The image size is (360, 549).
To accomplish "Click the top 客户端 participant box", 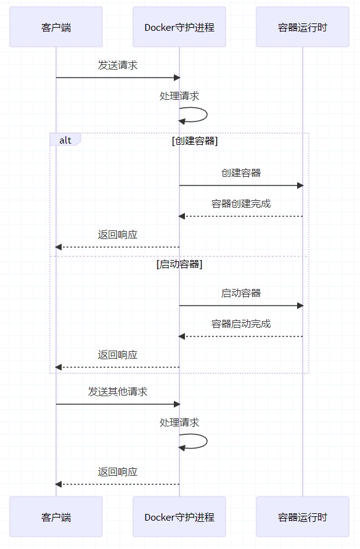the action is click(x=56, y=27).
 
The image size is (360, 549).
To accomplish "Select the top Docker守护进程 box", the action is click(x=179, y=27).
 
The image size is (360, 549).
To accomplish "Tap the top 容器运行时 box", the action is click(x=303, y=27).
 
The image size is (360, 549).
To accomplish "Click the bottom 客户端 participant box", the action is click(x=56, y=516).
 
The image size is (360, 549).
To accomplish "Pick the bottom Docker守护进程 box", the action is click(x=179, y=516).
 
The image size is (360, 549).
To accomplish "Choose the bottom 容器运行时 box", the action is click(x=303, y=516).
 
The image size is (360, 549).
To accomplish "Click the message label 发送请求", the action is click(x=118, y=65).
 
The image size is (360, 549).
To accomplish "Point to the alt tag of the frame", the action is click(x=65, y=139).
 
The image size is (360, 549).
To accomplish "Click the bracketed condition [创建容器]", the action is click(x=195, y=140).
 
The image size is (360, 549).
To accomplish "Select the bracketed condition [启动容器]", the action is click(x=179, y=264).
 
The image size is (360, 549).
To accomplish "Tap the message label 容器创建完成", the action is click(x=241, y=204).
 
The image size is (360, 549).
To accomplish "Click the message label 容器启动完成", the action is click(x=241, y=324).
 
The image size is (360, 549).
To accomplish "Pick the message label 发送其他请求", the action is click(x=118, y=391).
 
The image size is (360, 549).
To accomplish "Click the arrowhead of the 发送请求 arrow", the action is click(x=177, y=78).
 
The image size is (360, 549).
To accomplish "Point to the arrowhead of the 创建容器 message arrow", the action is click(x=300, y=185).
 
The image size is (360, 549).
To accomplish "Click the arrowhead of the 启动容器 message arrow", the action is click(x=300, y=306).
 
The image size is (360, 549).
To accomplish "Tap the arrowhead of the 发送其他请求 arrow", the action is click(x=177, y=404).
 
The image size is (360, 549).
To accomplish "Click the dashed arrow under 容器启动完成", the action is click(x=240, y=336).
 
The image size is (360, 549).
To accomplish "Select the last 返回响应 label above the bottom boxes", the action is click(x=118, y=471).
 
